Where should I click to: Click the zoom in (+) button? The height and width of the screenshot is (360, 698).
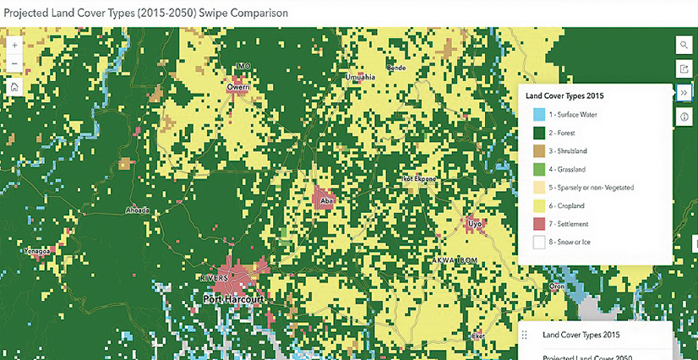pos(14,45)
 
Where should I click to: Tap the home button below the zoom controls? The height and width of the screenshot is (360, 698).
pos(14,85)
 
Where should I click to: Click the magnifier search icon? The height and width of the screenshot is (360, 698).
pos(684,45)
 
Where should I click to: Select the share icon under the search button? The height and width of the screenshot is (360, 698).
pos(684,68)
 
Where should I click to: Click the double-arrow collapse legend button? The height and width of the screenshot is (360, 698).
pos(684,92)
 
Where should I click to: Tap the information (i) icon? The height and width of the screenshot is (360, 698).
pos(684,117)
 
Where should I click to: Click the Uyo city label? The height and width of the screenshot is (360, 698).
pos(475,224)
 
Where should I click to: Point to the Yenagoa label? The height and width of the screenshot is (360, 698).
pos(39,251)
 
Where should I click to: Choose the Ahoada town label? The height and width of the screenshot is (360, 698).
pos(137,210)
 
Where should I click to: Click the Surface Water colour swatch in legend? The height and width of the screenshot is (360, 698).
pos(538,114)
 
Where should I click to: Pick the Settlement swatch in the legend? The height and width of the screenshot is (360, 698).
pos(538,223)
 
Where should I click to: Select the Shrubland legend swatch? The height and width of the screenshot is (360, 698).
pos(538,150)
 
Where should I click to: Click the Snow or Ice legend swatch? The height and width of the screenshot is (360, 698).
pos(538,242)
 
